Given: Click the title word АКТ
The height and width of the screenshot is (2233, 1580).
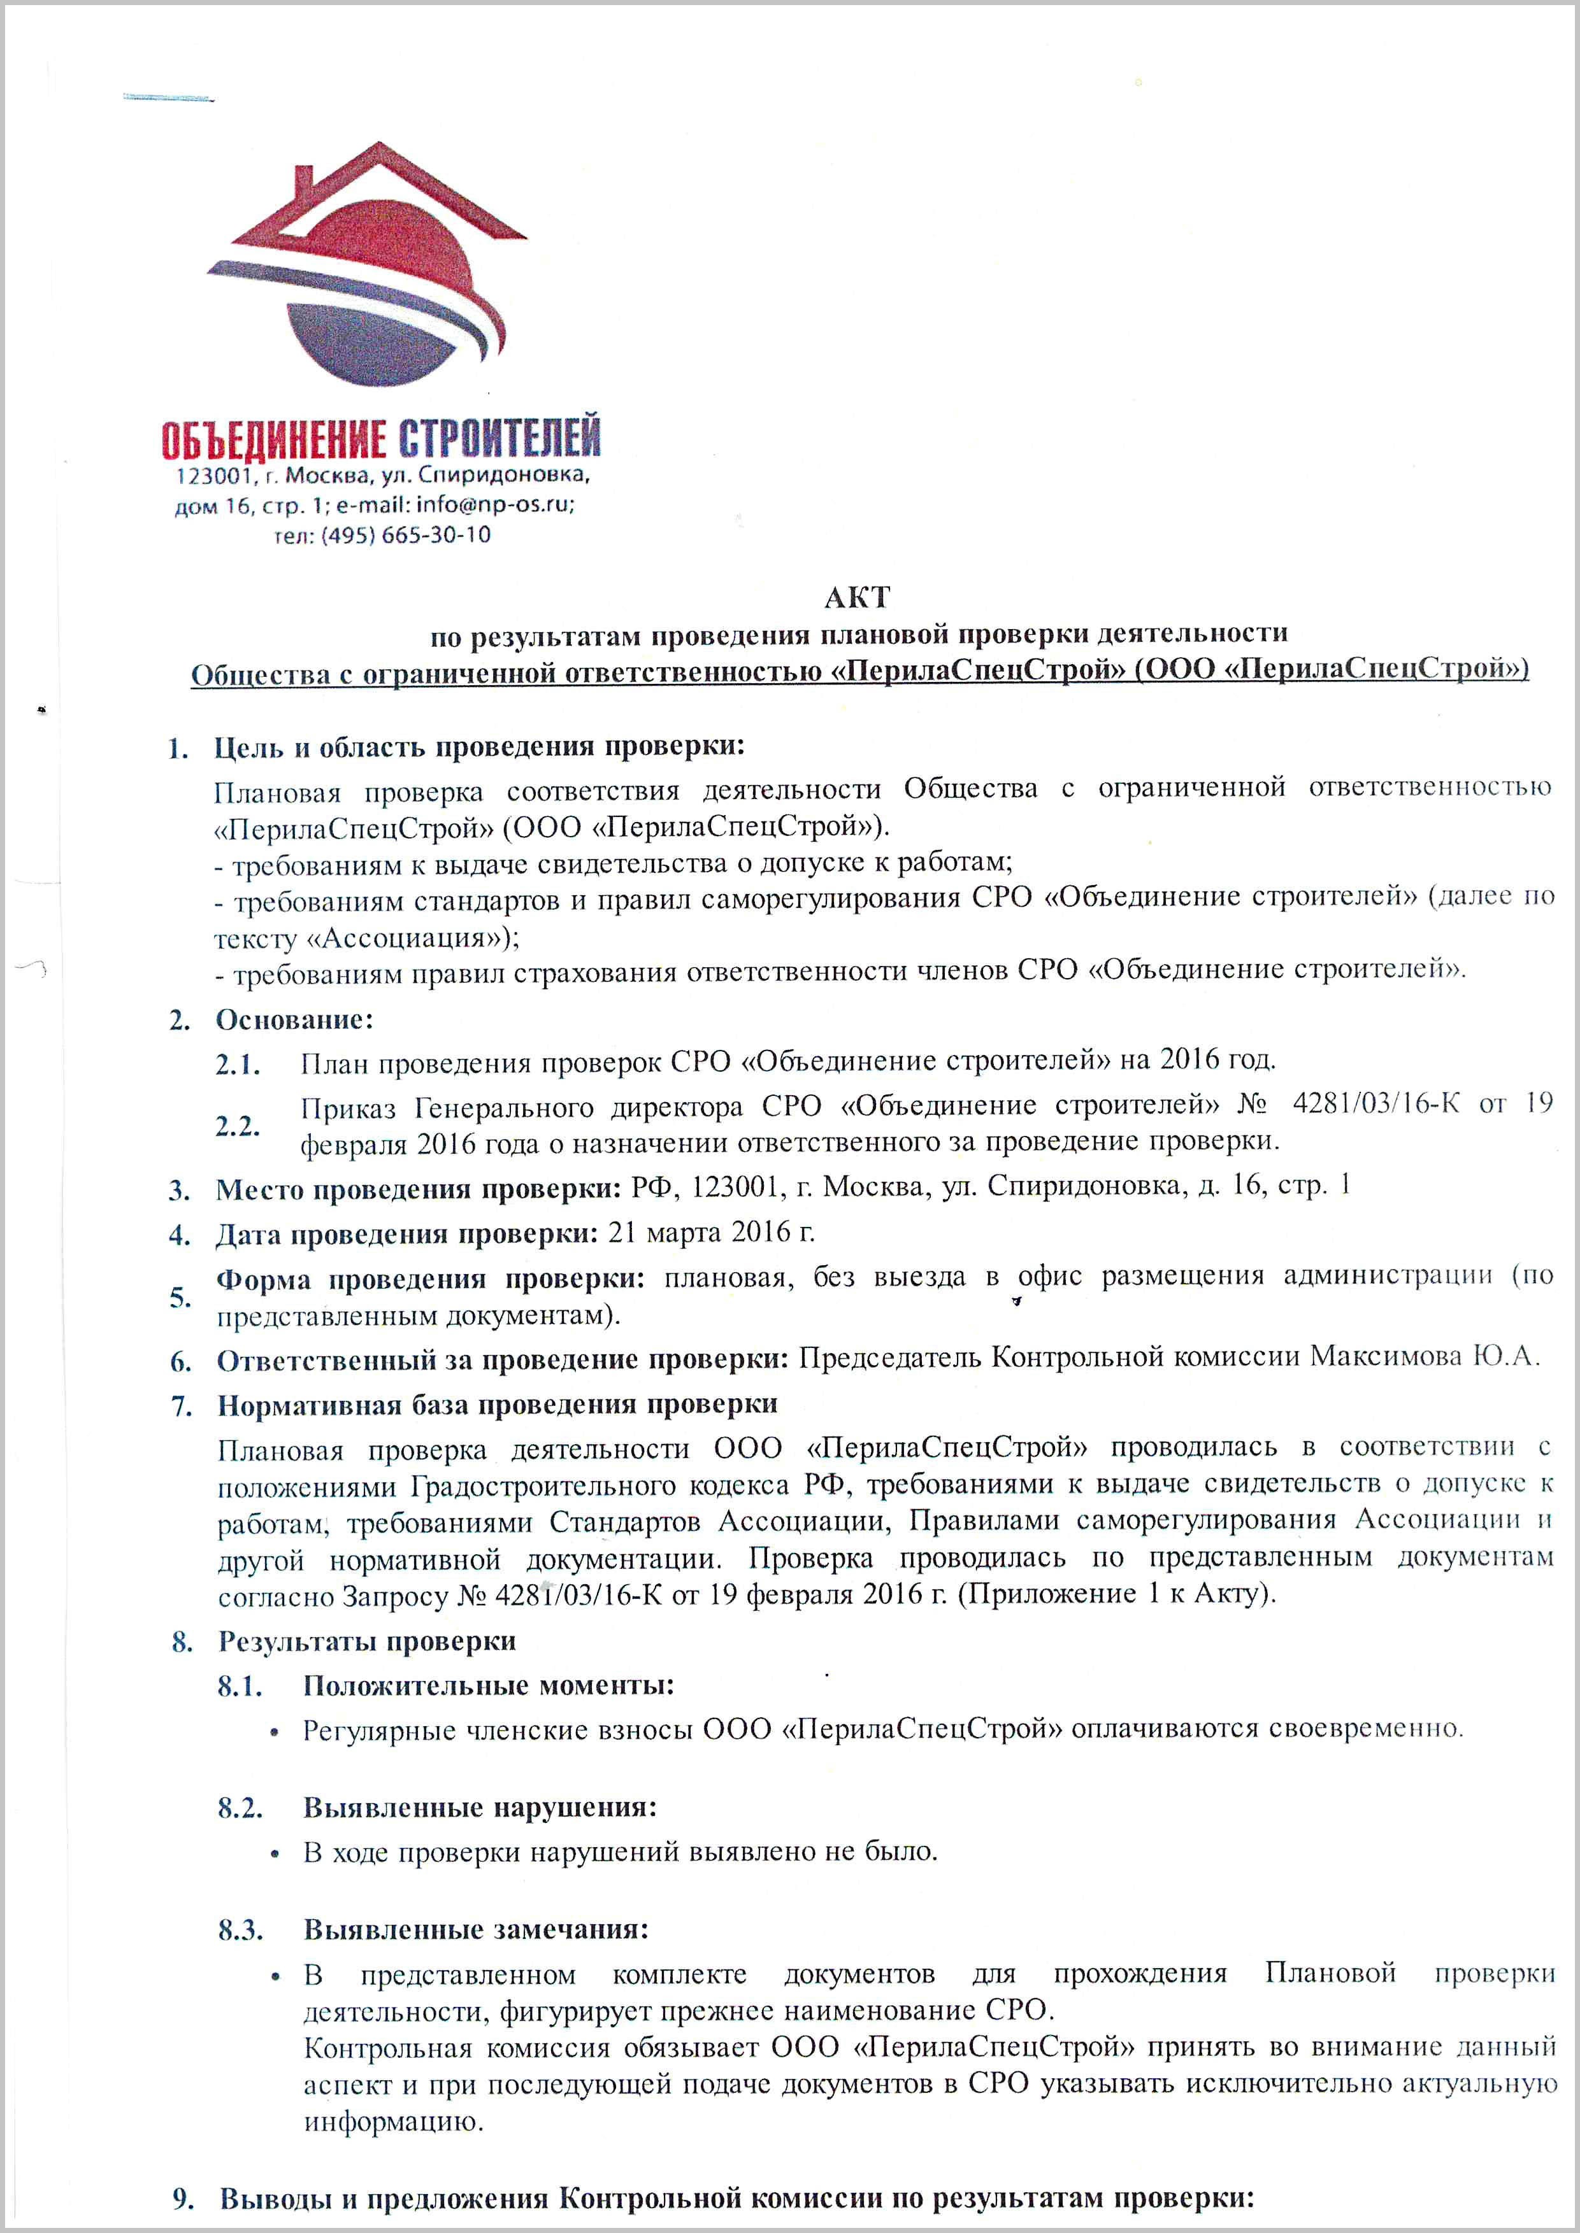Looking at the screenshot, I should tap(857, 596).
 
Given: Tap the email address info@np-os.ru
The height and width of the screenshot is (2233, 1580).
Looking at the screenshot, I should tap(494, 506).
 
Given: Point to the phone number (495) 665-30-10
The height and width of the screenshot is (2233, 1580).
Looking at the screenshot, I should tap(406, 535).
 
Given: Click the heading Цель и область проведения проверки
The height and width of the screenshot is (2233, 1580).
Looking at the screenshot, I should tap(478, 747).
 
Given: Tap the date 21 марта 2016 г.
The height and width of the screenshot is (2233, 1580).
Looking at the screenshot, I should tap(711, 1232).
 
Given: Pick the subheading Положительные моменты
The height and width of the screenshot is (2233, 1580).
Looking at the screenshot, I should tap(489, 1685).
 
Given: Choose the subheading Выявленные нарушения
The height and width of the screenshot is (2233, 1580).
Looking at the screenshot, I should tap(480, 1807).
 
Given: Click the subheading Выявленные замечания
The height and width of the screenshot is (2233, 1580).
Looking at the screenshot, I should tap(476, 1929).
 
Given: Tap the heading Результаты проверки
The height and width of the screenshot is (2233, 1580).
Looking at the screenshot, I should tap(367, 1641).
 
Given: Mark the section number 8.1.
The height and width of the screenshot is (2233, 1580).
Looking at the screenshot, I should tap(240, 1685).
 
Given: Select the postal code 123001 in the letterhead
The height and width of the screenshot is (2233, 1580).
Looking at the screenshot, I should tap(213, 476).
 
